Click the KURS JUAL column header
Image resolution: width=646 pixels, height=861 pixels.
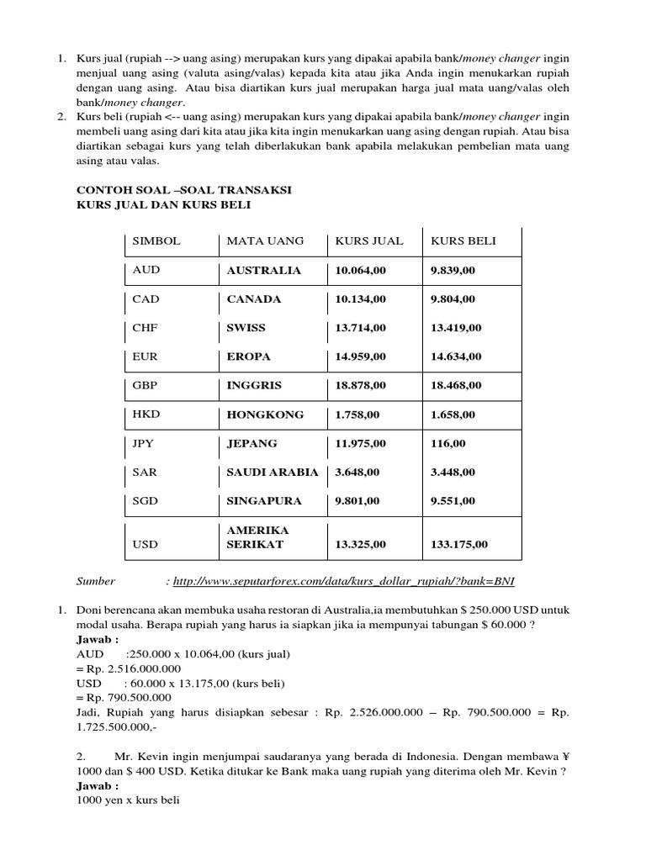click(x=369, y=241)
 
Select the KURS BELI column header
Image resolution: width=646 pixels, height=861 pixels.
click(x=463, y=241)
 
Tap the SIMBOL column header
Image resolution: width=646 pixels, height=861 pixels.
click(x=156, y=241)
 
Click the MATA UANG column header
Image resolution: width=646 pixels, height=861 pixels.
click(x=265, y=241)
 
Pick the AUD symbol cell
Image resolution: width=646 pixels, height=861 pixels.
click(x=146, y=271)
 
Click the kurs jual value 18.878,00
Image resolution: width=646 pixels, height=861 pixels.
click(x=361, y=385)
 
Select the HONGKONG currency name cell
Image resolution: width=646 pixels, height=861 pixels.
click(x=265, y=415)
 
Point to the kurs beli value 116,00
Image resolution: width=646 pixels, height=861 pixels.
click(x=448, y=443)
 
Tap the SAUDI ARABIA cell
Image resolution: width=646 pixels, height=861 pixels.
click(x=273, y=472)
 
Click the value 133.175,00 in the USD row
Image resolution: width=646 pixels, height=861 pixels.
click(x=459, y=544)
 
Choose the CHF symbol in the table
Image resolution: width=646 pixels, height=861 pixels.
click(x=146, y=328)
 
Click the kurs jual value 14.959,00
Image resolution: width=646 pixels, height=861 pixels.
click(x=361, y=357)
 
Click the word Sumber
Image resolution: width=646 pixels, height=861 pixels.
click(x=96, y=580)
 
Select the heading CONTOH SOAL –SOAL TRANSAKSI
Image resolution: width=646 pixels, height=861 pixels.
click(x=184, y=191)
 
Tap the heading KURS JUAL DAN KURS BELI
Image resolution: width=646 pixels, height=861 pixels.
click(x=163, y=204)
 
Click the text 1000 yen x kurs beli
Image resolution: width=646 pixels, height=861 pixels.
click(x=128, y=800)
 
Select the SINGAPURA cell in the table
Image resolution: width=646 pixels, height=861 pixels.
click(x=264, y=500)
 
